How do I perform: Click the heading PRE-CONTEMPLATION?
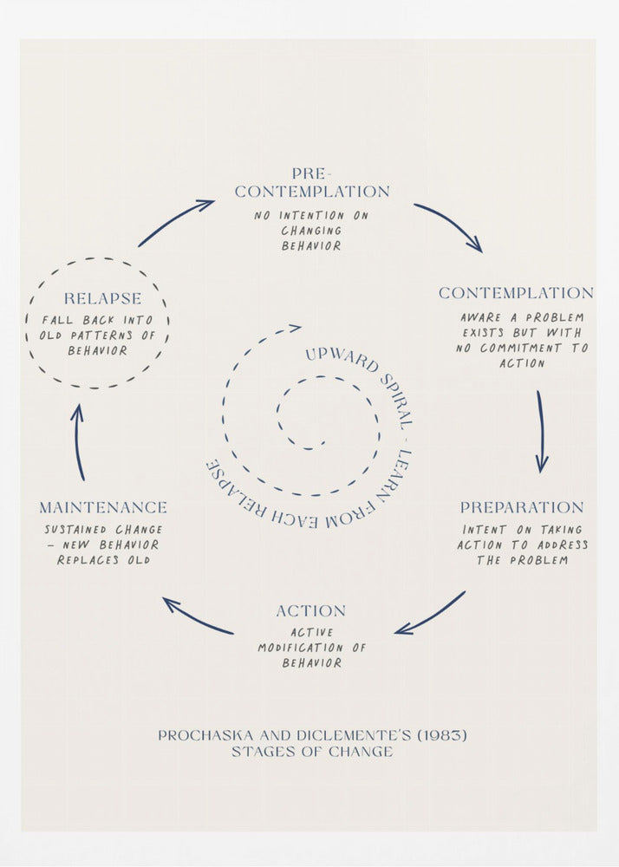(x=312, y=183)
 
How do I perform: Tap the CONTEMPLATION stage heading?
(x=516, y=293)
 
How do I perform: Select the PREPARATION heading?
(x=522, y=507)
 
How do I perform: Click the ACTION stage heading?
(x=311, y=611)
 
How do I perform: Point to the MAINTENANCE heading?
(x=103, y=507)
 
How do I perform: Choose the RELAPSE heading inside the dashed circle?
(x=102, y=299)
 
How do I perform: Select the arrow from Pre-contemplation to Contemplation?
(x=448, y=226)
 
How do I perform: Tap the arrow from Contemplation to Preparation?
(x=541, y=431)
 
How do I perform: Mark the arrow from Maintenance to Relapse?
(x=79, y=441)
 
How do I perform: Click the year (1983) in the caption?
(x=441, y=735)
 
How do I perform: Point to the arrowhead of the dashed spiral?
(x=295, y=328)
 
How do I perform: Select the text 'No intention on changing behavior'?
(x=311, y=230)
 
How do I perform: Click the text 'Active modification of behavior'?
(x=311, y=648)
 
